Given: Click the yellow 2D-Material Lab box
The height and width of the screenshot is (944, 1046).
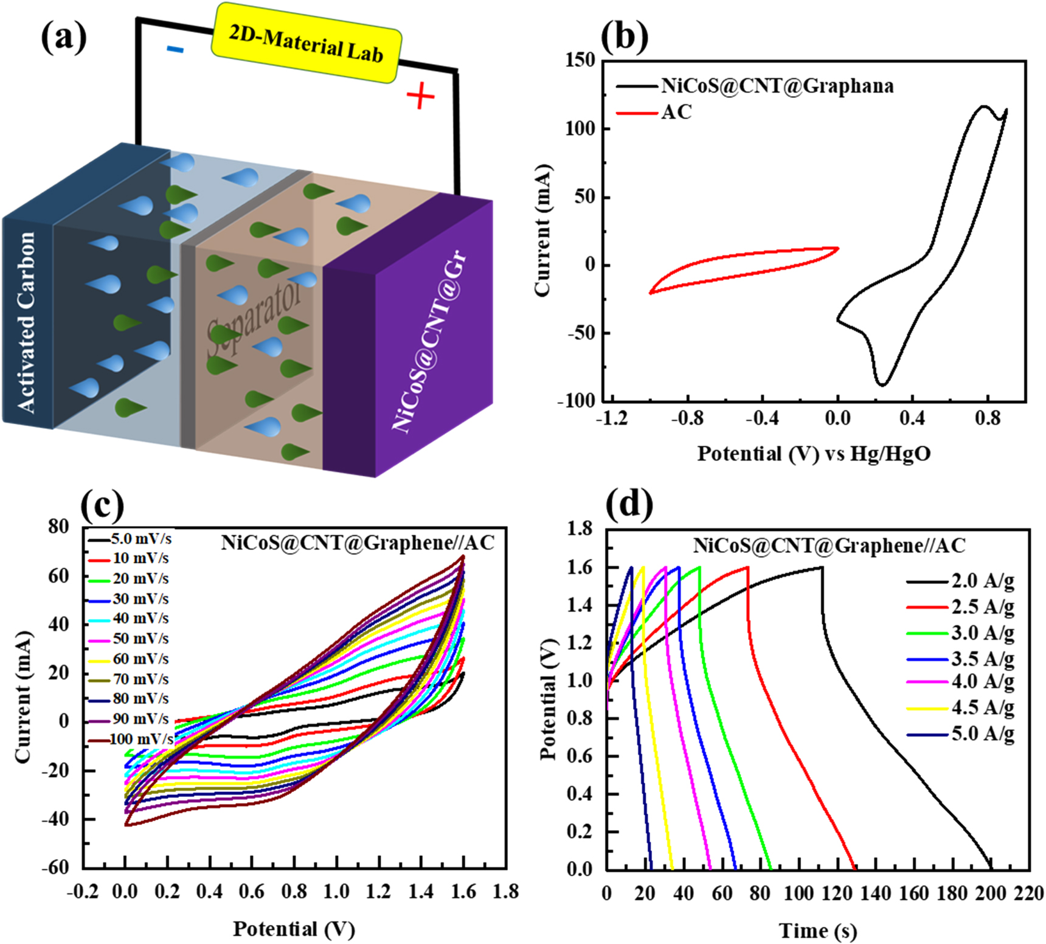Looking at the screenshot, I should [x=306, y=43].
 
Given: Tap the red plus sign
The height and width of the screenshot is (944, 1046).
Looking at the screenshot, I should [x=420, y=97].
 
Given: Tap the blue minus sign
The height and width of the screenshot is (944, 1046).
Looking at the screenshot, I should [x=175, y=49].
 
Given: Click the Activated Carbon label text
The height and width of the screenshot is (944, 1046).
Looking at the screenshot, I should [x=26, y=322].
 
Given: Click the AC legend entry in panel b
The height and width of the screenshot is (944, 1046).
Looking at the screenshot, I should [x=676, y=113].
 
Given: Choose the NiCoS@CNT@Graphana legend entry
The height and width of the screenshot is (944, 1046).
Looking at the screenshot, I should [x=777, y=86].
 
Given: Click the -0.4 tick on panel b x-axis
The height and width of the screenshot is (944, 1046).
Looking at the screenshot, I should [x=762, y=419].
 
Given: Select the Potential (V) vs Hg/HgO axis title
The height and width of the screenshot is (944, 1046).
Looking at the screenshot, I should [x=814, y=454].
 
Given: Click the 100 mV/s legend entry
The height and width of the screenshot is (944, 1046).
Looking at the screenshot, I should [x=142, y=739].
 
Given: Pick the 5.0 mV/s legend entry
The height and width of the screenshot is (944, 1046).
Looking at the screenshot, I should [x=141, y=539].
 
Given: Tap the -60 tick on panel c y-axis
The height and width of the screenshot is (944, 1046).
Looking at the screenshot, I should [x=55, y=867].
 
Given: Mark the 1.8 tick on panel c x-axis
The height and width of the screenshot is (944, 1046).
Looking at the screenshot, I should [x=505, y=892].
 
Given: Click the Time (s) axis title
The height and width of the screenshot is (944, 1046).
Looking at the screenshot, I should [x=817, y=931].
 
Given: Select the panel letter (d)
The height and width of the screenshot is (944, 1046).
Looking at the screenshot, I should [x=629, y=504].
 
